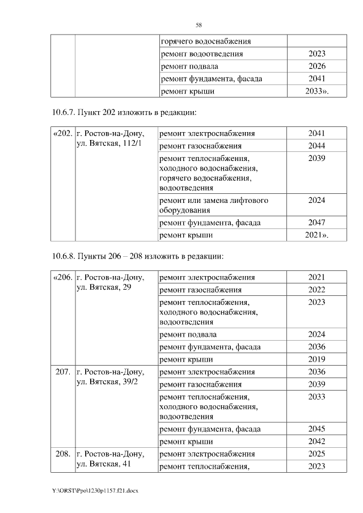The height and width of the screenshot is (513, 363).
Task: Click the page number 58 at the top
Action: click(199, 25)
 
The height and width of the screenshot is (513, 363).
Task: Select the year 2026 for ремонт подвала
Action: click(316, 66)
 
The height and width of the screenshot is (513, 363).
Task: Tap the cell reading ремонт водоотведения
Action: click(202, 54)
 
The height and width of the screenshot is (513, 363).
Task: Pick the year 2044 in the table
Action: click(316, 146)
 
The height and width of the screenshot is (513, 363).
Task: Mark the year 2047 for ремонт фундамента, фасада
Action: click(316, 222)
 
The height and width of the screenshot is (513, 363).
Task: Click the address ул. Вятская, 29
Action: click(104, 289)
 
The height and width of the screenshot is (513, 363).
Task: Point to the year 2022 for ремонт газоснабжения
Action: click(316, 290)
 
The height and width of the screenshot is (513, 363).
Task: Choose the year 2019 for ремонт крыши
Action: click(316, 359)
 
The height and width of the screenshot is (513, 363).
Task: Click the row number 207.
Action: click(63, 372)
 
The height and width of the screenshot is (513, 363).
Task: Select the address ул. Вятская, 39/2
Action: click(106, 383)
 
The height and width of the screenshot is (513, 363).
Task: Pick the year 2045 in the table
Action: click(316, 429)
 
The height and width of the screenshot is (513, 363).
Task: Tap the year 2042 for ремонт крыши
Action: click(316, 441)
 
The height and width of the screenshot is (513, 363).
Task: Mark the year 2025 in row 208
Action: click(316, 454)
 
